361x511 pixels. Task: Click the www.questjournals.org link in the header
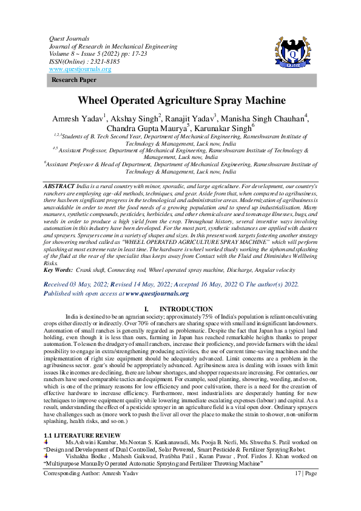[x=79, y=69]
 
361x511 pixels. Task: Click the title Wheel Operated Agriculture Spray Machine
[x=181, y=100]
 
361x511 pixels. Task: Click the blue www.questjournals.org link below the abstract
[x=157, y=293]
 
